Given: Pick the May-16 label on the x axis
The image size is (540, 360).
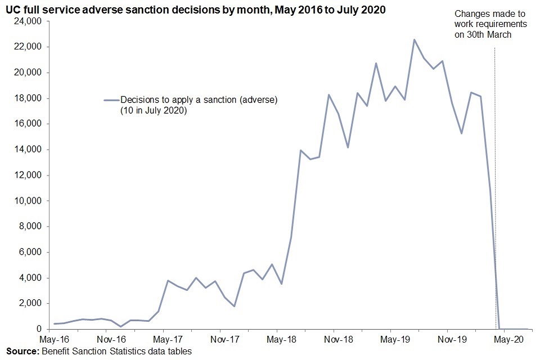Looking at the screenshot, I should [54, 340].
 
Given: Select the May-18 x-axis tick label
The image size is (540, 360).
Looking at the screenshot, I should [281, 340].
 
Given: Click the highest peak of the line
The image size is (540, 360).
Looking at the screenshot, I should [414, 40].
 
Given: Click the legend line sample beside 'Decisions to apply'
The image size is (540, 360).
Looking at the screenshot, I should [110, 100].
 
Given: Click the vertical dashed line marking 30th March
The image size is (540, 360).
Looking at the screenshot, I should [494, 169].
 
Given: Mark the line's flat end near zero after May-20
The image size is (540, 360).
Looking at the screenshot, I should [515, 329].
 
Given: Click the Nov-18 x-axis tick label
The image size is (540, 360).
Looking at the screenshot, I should [339, 340].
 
